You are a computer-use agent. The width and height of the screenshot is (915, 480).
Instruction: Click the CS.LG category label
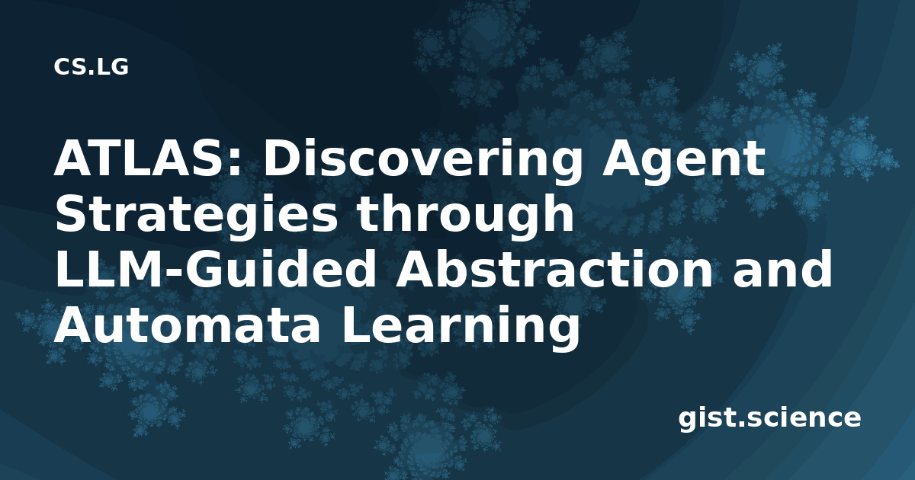point(91,67)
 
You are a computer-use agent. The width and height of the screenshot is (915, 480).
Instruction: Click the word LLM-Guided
point(215,269)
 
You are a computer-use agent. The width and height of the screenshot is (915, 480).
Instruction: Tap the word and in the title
point(782,269)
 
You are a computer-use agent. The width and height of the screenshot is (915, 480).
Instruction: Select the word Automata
point(186,325)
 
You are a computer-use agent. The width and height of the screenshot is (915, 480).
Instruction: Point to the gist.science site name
point(769,418)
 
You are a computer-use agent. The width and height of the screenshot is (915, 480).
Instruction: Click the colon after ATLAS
point(236,162)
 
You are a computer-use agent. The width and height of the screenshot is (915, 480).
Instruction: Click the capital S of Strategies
point(71,213)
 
